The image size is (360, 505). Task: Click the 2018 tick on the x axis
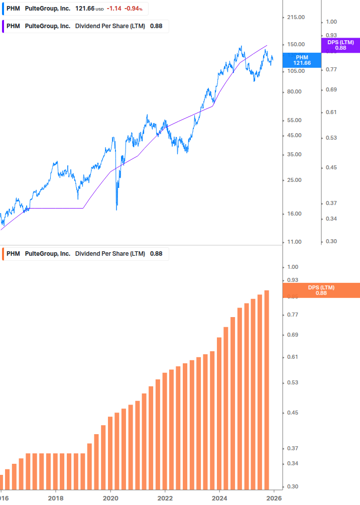point(56,498)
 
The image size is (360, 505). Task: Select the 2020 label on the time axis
point(110,498)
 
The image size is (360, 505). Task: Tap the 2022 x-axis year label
point(165,498)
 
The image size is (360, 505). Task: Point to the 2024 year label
point(219,498)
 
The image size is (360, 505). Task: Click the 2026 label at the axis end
point(274,498)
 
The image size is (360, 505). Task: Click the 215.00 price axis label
point(295,18)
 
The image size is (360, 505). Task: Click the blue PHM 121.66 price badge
point(302,60)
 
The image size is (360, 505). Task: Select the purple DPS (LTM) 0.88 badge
point(340,45)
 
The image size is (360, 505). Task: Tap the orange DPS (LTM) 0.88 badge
point(321,290)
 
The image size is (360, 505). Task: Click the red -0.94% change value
point(134,9)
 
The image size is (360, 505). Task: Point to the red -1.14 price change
point(114,9)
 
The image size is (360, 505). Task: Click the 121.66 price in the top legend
point(84,9)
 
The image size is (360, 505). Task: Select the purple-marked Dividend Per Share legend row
point(85,26)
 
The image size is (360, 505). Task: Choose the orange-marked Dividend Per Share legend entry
point(85,254)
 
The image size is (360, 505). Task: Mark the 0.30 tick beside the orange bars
point(293,487)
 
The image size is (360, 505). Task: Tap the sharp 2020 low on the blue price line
point(116,209)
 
